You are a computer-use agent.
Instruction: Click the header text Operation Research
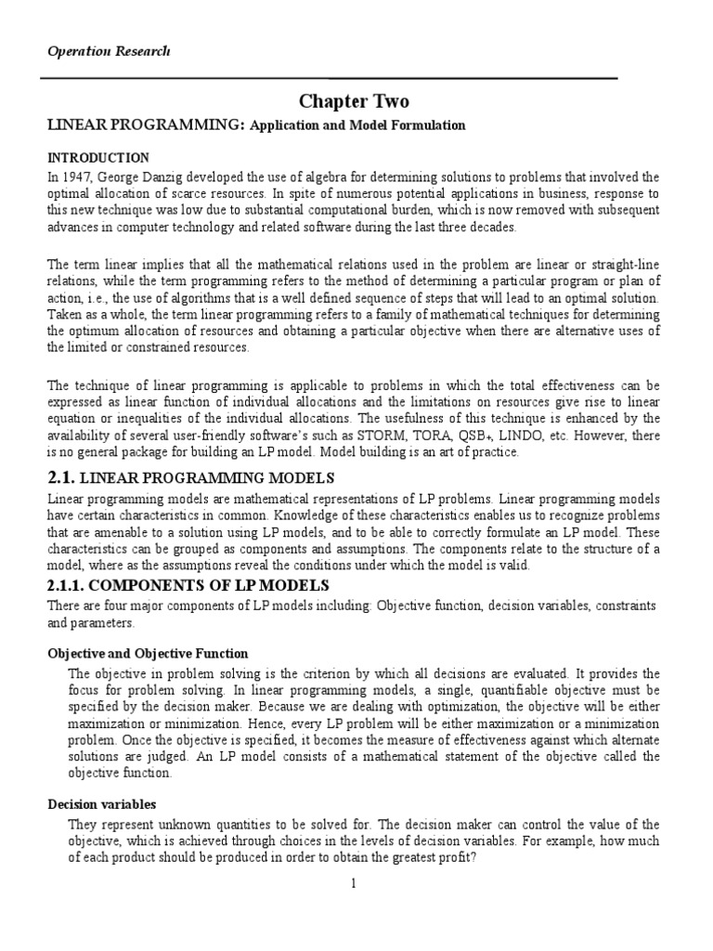pyautogui.click(x=109, y=51)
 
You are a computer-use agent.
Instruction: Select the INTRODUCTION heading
pyautogui.click(x=98, y=157)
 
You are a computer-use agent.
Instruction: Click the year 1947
pyautogui.click(x=79, y=176)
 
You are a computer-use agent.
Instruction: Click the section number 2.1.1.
pyautogui.click(x=72, y=585)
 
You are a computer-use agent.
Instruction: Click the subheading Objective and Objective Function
pyautogui.click(x=148, y=653)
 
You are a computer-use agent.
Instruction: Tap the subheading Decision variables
pyautogui.click(x=102, y=803)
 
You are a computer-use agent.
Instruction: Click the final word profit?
pyautogui.click(x=454, y=857)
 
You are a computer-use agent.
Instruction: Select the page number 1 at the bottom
pyautogui.click(x=354, y=883)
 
